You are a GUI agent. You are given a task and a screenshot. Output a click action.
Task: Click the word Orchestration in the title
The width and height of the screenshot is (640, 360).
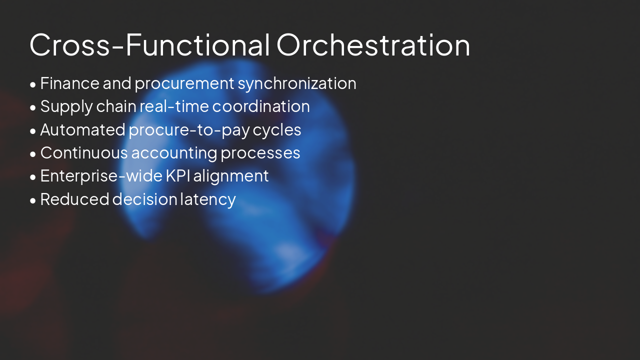point(373,44)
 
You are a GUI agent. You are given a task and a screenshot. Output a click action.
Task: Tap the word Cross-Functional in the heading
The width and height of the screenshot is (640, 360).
point(149,44)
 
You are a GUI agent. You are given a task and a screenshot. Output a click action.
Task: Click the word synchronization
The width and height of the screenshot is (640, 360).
point(297,83)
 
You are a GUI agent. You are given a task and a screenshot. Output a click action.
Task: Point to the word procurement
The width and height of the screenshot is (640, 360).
point(184,84)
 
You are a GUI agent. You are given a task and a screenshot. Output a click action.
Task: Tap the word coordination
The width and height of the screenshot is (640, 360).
point(261,106)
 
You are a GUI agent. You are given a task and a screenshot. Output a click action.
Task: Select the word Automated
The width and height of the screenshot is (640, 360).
point(82,130)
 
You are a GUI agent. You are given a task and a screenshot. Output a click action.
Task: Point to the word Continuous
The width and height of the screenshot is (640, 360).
point(83,153)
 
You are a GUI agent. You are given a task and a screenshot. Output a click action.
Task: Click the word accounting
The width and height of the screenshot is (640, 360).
point(174,153)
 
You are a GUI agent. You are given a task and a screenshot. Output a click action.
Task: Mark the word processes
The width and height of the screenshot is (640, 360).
point(260,153)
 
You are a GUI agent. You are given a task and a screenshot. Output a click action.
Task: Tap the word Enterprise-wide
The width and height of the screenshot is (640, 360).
point(101,176)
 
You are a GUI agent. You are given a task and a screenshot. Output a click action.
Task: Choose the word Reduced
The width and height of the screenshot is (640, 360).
point(74,199)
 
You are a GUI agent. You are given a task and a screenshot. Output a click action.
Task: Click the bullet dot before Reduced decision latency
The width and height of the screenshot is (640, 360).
point(33,200)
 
